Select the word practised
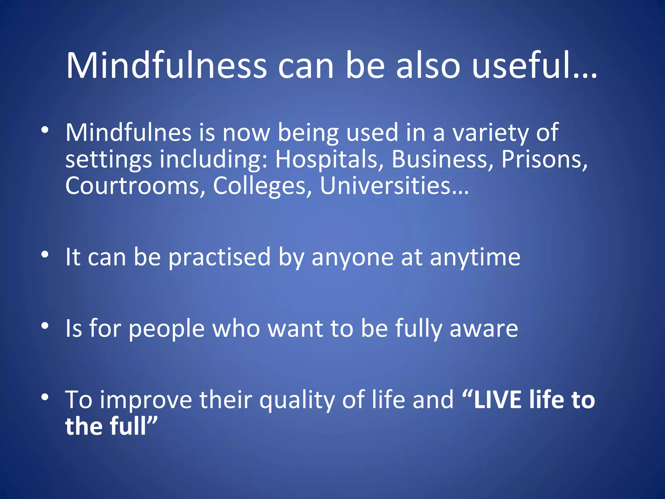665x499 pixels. point(220,257)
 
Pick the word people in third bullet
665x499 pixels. point(167,328)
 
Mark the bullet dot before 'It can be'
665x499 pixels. point(45,254)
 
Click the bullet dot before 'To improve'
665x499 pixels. point(45,397)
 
